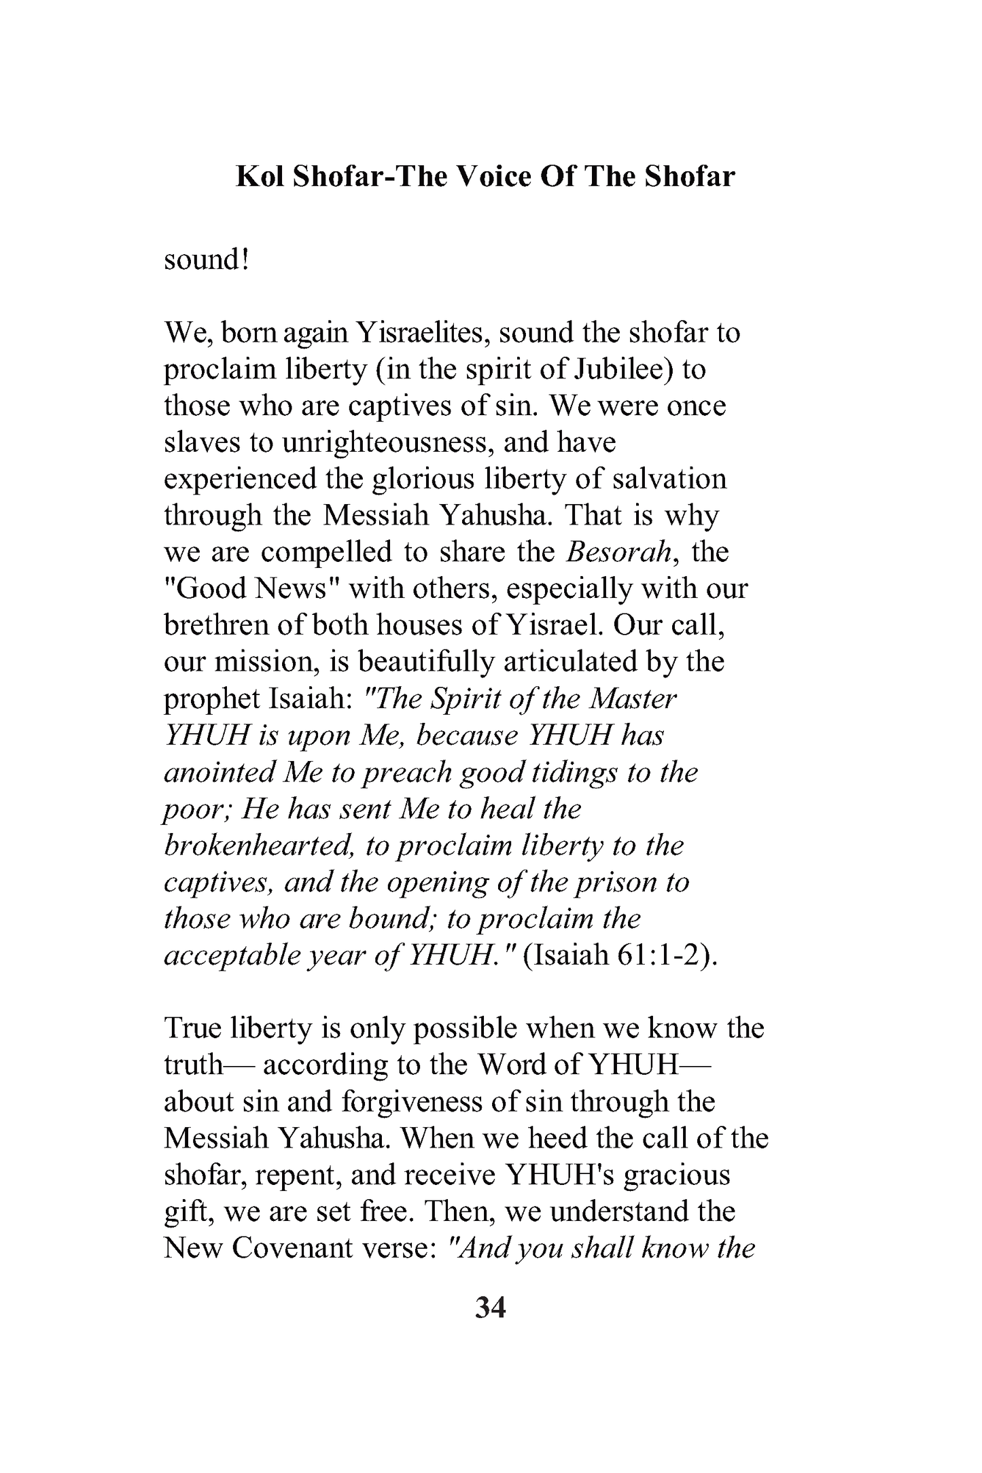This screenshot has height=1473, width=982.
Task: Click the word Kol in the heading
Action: (259, 177)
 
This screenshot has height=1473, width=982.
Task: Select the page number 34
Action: (491, 1307)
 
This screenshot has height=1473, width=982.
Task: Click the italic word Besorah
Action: (620, 552)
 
